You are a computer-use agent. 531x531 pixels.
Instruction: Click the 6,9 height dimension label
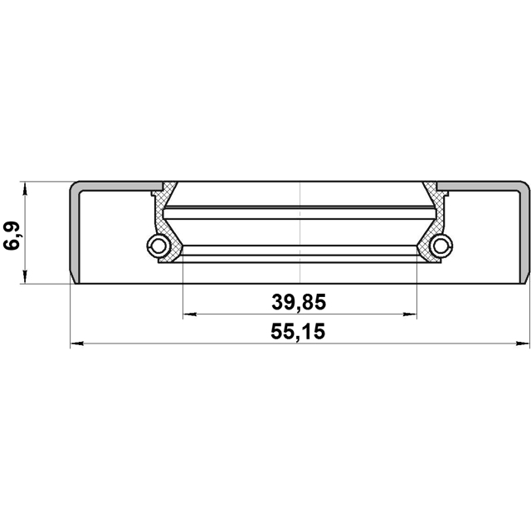(x=12, y=236)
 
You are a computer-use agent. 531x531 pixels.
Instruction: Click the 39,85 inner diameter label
(x=299, y=302)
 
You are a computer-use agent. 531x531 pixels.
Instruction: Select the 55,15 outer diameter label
(x=298, y=331)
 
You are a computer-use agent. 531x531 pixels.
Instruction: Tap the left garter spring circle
(x=158, y=246)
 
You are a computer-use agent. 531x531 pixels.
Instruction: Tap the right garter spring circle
(x=441, y=246)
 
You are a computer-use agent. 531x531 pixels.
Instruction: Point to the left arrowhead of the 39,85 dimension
(x=189, y=314)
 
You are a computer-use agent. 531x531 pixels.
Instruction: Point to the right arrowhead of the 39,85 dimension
(x=410, y=314)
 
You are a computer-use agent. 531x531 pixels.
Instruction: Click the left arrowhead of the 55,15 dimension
(x=76, y=343)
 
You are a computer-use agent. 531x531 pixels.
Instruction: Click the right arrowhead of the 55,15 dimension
(x=523, y=343)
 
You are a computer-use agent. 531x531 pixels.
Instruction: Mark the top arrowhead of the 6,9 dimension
(x=25, y=188)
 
